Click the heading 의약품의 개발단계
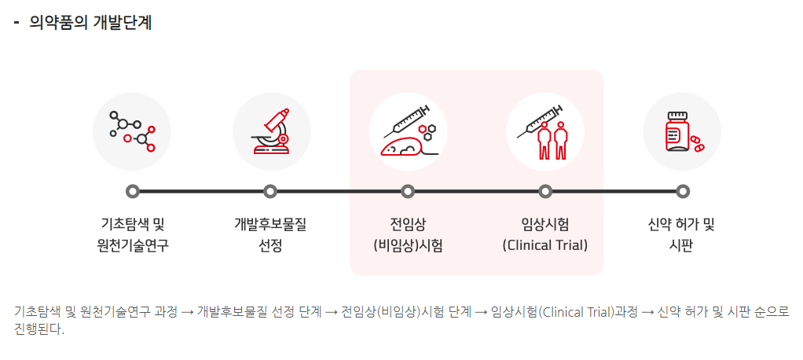coord(90,23)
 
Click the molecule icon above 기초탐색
coord(132,131)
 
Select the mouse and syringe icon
coord(408,131)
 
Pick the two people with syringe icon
coord(544,131)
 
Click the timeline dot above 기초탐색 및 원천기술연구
coord(133,191)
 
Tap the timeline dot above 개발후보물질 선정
coord(270,191)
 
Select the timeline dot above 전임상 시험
coord(408,191)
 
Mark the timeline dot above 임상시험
coord(545,191)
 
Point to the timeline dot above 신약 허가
coord(683,191)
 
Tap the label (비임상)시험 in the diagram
coord(408,245)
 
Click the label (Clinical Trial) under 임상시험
coord(544,245)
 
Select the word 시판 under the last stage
coord(680,245)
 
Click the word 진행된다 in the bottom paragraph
coord(39,329)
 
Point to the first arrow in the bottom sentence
coord(187,311)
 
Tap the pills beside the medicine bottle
coord(697,144)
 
